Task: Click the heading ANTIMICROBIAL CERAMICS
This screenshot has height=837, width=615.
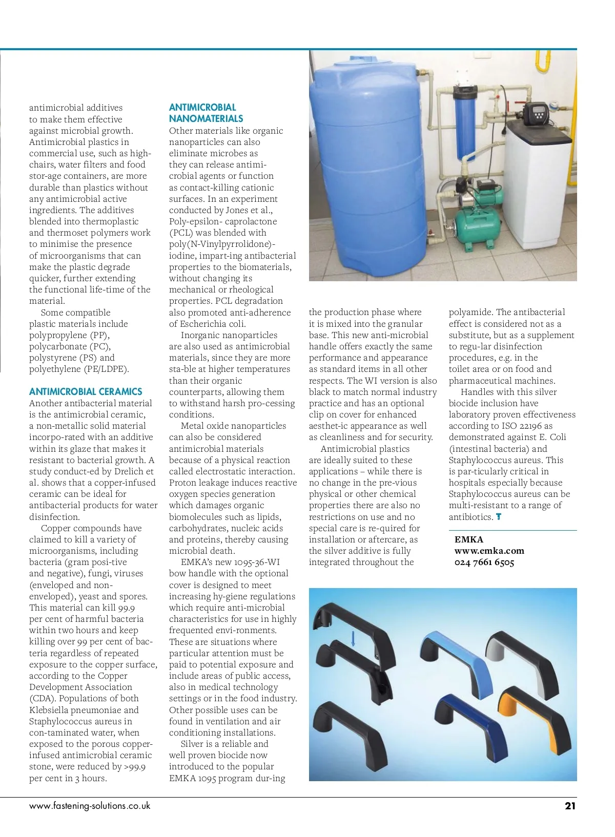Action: pyautogui.click(x=86, y=392)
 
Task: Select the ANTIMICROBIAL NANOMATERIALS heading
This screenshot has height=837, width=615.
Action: pyautogui.click(x=206, y=113)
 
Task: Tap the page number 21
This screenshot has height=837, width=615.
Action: pyautogui.click(x=570, y=806)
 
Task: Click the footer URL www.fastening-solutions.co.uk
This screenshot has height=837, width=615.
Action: pyautogui.click(x=90, y=806)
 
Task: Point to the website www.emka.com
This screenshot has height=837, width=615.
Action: pyautogui.click(x=489, y=551)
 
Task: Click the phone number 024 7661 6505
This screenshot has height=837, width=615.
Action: pyautogui.click(x=484, y=562)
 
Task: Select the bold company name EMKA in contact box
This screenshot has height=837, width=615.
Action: pyautogui.click(x=468, y=539)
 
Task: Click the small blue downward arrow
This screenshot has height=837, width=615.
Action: pyautogui.click(x=353, y=638)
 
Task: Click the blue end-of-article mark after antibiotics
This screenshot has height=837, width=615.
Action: pyautogui.click(x=499, y=517)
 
